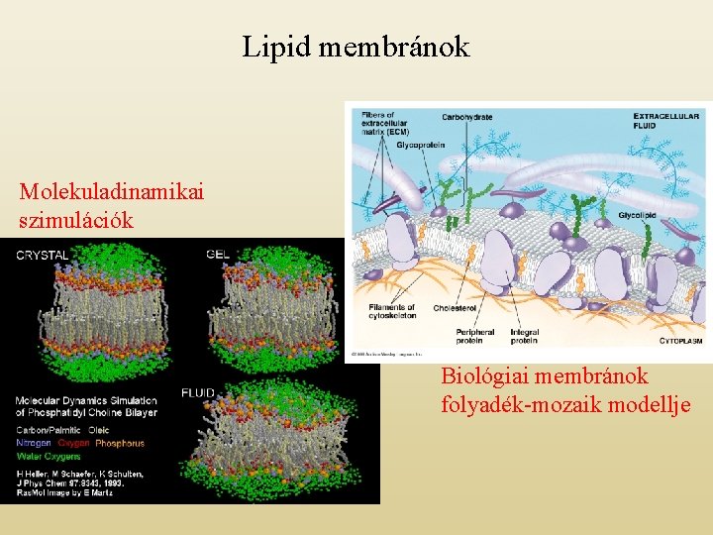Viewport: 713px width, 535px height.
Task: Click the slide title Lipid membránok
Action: point(356,47)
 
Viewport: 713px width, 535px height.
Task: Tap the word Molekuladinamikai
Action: point(111,191)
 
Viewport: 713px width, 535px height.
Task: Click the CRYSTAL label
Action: point(42,255)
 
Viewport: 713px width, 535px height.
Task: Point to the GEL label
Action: point(219,254)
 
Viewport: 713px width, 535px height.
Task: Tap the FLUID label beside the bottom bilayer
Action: point(199,393)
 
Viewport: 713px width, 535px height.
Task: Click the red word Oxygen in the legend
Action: point(73,443)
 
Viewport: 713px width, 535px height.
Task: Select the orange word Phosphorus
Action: point(120,443)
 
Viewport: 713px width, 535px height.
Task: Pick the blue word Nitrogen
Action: point(34,443)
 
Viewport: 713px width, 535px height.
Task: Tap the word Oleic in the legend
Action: point(99,430)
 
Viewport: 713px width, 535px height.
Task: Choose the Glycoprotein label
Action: point(420,145)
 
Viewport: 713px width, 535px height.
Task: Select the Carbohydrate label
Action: point(467,117)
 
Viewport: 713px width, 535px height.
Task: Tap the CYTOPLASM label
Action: point(680,340)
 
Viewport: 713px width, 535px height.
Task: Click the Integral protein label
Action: point(524,335)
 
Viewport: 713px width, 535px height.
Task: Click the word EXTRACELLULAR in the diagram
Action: point(668,115)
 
